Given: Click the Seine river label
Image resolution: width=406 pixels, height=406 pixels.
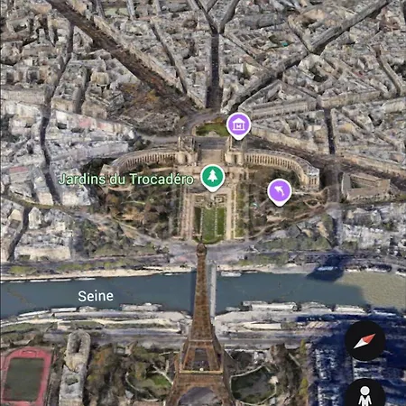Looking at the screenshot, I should (95, 295).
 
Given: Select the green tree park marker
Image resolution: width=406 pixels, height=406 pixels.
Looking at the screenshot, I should (213, 178).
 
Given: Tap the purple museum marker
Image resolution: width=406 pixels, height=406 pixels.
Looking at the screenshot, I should (239, 125).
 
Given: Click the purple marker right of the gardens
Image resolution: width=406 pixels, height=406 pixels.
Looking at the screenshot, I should (281, 190).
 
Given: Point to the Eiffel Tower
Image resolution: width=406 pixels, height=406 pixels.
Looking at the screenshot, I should (200, 347).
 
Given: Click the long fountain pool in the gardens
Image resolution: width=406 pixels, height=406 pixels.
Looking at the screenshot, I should (213, 221).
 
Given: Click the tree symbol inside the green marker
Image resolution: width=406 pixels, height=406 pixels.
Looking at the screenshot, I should (213, 176).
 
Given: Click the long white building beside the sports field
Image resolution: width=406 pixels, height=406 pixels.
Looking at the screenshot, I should (74, 370).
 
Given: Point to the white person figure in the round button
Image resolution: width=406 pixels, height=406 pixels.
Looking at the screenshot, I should (365, 397).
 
